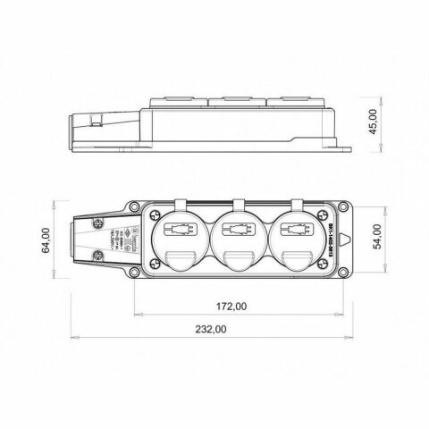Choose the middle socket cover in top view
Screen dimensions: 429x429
pyautogui.click(x=238, y=237)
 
